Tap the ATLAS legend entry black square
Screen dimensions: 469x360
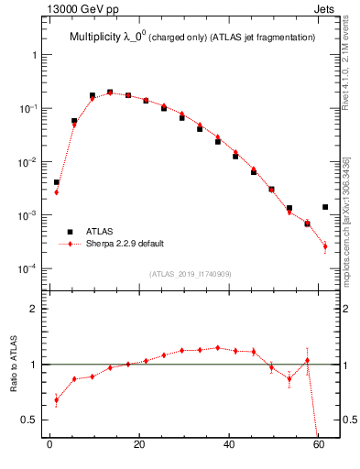pos(66,232)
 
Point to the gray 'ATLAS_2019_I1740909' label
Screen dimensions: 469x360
pos(191,274)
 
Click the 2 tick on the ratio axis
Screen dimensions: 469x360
pos(33,309)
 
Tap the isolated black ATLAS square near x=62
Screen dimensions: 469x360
pos(325,207)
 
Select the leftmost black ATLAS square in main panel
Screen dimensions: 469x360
pos(57,182)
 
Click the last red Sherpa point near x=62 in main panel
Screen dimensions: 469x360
pos(325,246)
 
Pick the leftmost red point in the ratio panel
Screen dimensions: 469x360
pos(57,399)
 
